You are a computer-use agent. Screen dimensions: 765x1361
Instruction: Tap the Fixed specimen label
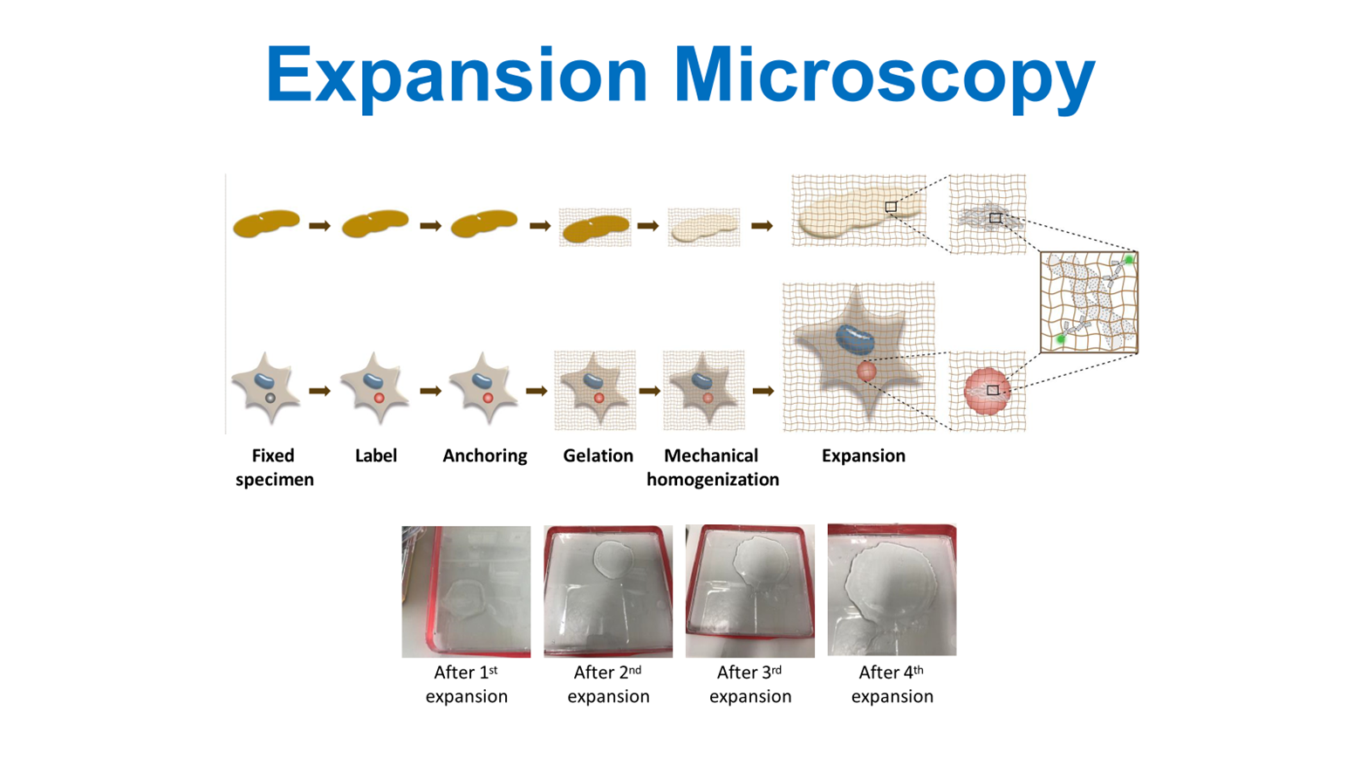pyautogui.click(x=274, y=467)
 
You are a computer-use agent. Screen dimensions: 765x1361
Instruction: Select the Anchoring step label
pyautogui.click(x=484, y=455)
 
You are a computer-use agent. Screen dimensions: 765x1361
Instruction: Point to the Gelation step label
pyautogui.click(x=598, y=455)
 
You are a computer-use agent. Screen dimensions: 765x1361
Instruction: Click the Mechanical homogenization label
pyautogui.click(x=712, y=467)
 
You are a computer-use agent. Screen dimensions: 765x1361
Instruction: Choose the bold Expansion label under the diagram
pyautogui.click(x=863, y=455)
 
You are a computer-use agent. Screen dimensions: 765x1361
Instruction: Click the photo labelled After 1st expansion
pyautogui.click(x=466, y=591)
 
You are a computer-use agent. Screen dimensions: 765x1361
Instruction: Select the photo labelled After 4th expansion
pyautogui.click(x=891, y=589)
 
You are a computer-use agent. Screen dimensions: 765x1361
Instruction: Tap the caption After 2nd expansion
pyautogui.click(x=608, y=684)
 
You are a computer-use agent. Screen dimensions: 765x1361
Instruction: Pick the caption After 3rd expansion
pyautogui.click(x=749, y=684)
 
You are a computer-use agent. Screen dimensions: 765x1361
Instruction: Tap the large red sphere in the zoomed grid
pyautogui.click(x=986, y=391)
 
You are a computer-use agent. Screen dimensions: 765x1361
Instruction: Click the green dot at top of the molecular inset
pyautogui.click(x=1128, y=260)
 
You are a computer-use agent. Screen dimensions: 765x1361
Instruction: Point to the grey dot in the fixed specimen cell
pyautogui.click(x=270, y=398)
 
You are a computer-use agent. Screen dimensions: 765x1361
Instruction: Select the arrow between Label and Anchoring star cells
pyautogui.click(x=430, y=391)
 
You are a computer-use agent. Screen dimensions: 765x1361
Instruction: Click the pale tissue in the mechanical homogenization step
pyautogui.click(x=704, y=227)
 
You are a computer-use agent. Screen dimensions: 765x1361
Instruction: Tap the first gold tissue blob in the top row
pyautogui.click(x=266, y=223)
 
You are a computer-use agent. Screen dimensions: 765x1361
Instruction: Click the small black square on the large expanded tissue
pyautogui.click(x=890, y=207)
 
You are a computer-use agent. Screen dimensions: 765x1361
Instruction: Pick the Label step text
pyautogui.click(x=376, y=455)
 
